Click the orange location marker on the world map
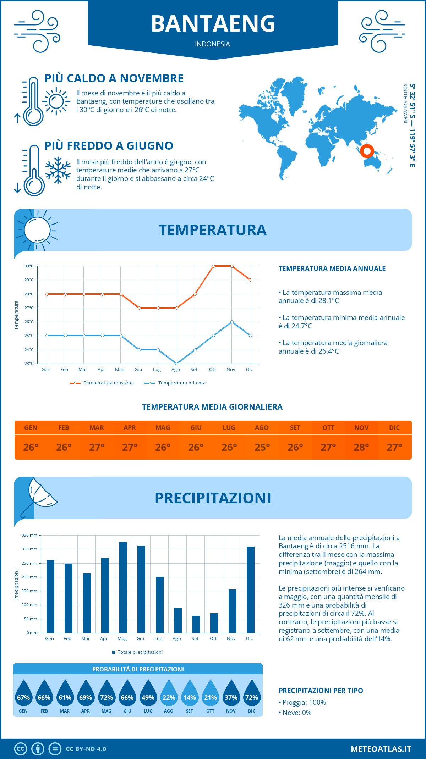367,151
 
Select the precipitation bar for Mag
123,587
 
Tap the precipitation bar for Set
196,624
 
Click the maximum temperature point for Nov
232,266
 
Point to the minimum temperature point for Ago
176,364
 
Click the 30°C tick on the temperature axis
29,266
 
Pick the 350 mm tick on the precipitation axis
29,535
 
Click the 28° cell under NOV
361,447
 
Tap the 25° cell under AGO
262,447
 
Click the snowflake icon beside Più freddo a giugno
58,170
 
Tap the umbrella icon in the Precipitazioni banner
39,495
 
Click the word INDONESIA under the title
212,44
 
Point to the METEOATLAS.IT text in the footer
381,749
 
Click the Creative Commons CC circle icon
21,749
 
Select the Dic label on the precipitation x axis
250,638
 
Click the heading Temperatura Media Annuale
332,268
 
